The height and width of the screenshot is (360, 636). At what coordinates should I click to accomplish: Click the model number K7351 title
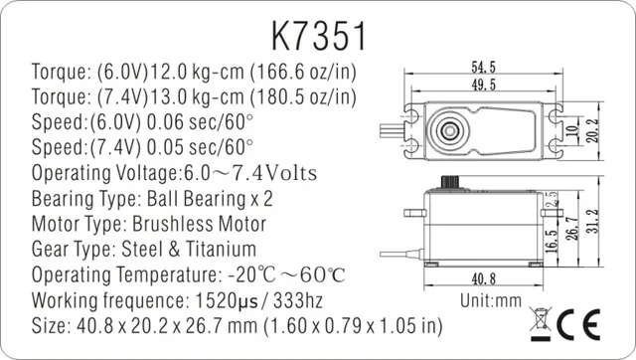coord(318,36)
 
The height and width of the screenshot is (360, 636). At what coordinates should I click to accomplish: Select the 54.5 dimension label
coord(484,67)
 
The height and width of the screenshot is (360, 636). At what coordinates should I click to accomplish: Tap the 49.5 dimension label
coord(484,85)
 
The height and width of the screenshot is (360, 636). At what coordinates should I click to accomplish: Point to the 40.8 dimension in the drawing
coord(484,278)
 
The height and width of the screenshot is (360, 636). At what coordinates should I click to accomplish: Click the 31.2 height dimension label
coord(593,221)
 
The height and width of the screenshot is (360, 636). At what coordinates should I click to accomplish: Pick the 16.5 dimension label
coord(552,241)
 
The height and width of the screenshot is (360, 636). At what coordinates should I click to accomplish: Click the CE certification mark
coord(578,324)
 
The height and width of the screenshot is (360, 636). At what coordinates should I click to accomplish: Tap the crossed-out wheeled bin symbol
coord(541,323)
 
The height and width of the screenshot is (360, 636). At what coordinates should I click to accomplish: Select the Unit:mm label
coord(491,301)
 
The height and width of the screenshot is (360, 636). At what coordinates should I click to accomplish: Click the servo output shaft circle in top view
coord(449,130)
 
